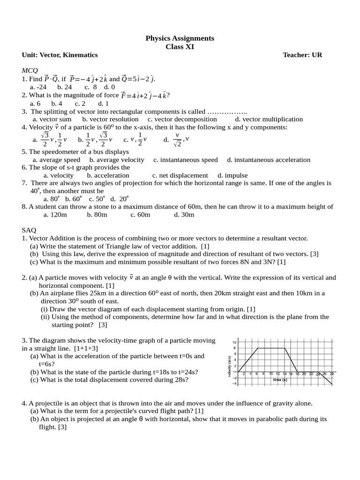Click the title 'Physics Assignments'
[180, 38]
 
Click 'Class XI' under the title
[180, 46]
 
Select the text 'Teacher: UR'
[302, 55]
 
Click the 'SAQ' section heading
[29, 230]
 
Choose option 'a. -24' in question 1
[38, 87]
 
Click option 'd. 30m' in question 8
[184, 214]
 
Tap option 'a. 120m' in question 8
[55, 214]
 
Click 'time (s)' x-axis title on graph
[280, 380]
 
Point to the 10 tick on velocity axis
[234, 342]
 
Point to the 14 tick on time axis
[285, 374]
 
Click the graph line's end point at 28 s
[332, 384]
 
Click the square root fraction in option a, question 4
[44, 139]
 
